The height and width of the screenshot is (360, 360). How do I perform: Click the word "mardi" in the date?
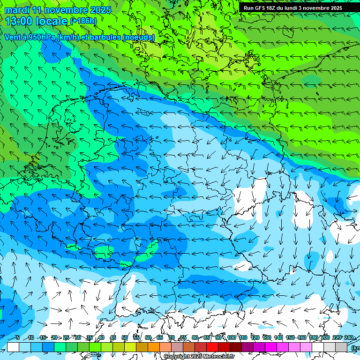(17, 10)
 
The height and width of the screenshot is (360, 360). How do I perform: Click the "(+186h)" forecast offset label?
(83, 21)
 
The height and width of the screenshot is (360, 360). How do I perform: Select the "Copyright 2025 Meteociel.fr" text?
(199, 357)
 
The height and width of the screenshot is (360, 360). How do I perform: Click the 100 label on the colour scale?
(231, 337)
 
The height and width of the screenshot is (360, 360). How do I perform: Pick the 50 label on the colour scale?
(125, 337)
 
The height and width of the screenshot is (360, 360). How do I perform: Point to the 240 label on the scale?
(348, 337)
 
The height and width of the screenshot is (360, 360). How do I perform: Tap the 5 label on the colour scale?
(18, 337)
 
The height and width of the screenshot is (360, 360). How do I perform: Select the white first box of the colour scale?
(13, 347)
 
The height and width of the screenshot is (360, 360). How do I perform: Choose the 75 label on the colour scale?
(183, 337)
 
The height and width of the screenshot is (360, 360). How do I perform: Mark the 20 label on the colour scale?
(54, 337)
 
